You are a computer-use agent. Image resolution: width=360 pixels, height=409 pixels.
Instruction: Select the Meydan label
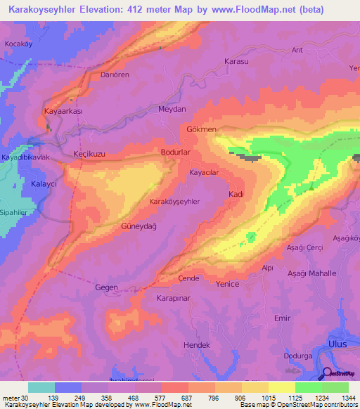(x=172, y=109)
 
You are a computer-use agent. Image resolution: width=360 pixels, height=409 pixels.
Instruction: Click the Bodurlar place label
(x=176, y=152)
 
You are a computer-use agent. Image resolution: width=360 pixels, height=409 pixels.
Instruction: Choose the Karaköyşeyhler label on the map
(x=175, y=202)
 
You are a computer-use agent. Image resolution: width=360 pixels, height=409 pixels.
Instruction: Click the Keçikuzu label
(x=89, y=153)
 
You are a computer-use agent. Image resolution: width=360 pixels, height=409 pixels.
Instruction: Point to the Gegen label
(x=106, y=287)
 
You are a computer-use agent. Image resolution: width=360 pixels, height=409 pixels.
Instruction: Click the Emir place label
(x=282, y=318)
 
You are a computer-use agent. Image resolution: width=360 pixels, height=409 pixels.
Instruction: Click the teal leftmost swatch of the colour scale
(x=41, y=387)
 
